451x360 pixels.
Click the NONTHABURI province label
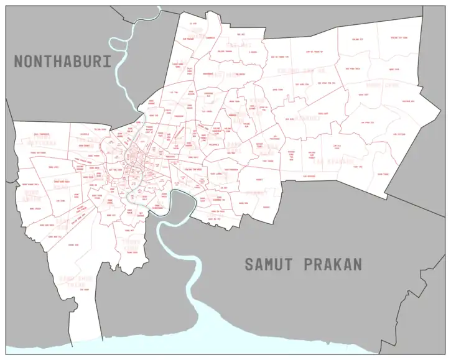point(63,62)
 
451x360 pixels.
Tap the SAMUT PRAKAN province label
point(303,264)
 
